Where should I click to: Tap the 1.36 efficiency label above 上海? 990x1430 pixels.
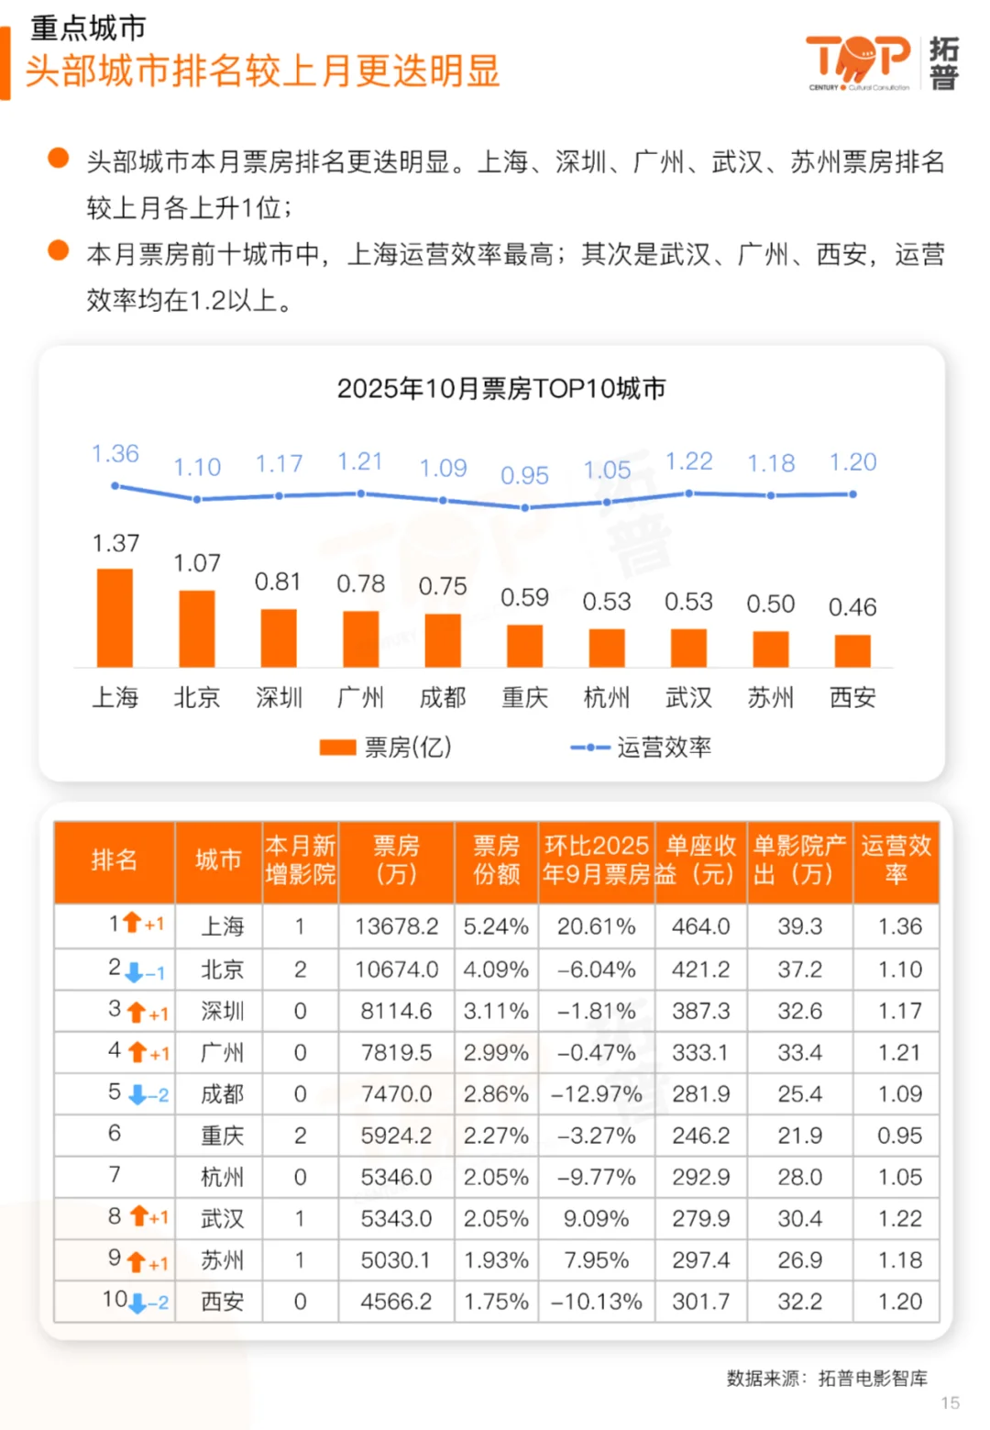tap(115, 453)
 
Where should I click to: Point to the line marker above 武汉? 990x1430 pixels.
tap(688, 493)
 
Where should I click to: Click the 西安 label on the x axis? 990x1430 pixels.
tap(852, 697)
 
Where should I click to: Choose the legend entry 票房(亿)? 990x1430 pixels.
tap(386, 747)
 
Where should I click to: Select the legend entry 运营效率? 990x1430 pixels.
tap(641, 747)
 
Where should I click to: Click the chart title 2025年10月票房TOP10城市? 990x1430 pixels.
tap(500, 388)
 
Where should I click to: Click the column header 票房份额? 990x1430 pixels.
tap(496, 859)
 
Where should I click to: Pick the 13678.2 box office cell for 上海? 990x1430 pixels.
tap(396, 926)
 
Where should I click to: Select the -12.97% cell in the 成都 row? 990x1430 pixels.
tap(596, 1093)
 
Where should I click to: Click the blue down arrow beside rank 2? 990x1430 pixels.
tap(135, 971)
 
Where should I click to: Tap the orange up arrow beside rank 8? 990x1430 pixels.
tap(138, 1216)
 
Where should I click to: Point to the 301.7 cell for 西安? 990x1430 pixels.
tap(700, 1302)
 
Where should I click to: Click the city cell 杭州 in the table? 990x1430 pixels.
tap(222, 1177)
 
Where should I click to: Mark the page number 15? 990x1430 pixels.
tap(950, 1402)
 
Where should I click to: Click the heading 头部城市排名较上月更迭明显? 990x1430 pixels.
tap(262, 71)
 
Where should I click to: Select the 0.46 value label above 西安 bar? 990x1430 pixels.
tap(852, 606)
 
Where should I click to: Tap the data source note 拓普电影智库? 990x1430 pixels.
tap(872, 1378)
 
